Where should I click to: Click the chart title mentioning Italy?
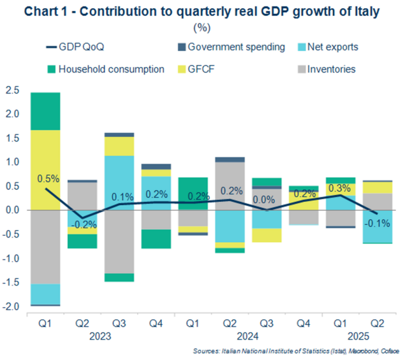tap(202, 11)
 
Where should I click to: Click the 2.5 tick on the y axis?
tap(11, 90)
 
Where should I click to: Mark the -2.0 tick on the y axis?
tap(10, 307)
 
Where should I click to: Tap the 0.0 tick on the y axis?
tap(11, 210)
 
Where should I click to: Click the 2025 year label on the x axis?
tap(350, 337)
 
